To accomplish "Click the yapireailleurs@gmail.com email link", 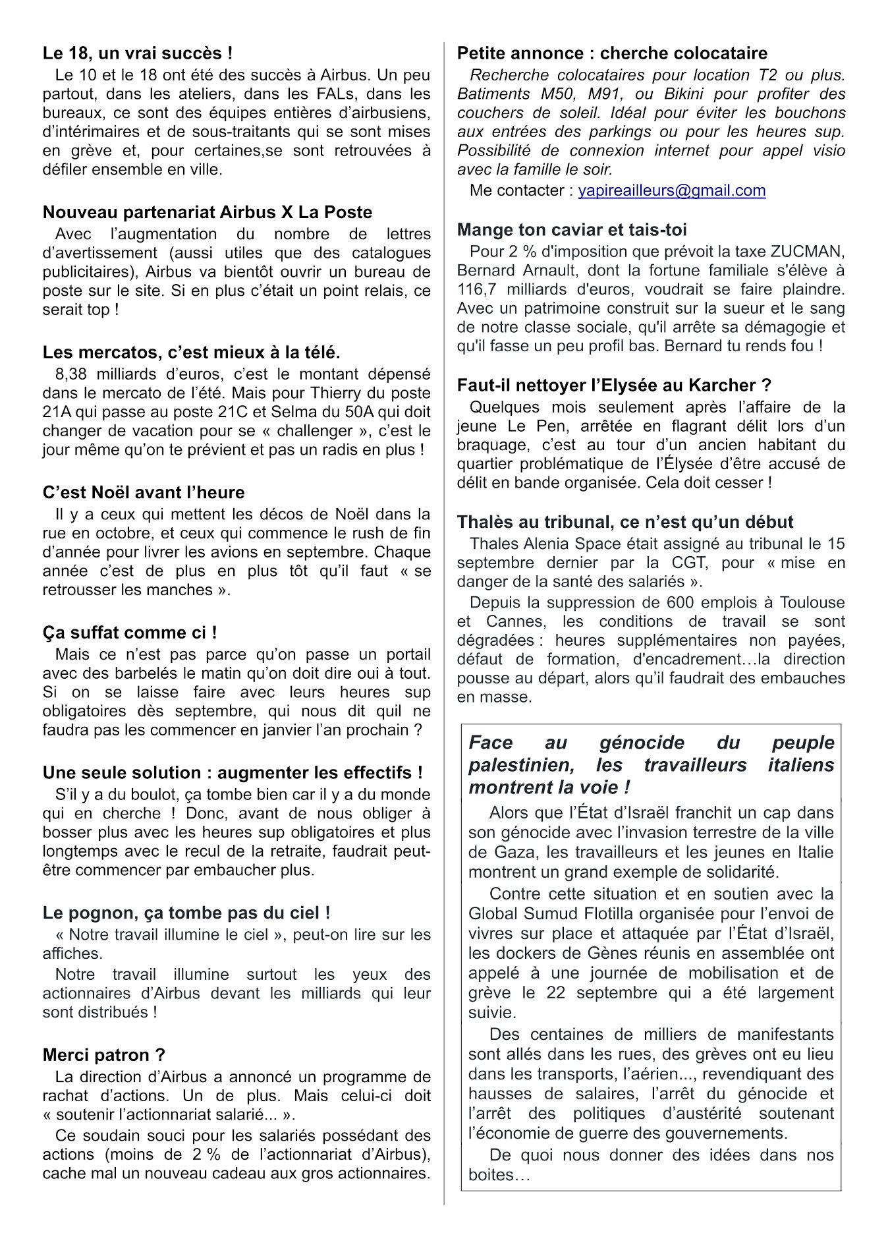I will (x=671, y=191).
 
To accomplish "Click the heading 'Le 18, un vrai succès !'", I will (x=137, y=53).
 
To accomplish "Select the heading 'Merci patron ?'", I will (x=103, y=1055).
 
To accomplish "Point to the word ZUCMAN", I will (x=807, y=252).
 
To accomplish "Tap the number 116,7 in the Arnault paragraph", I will (x=477, y=289).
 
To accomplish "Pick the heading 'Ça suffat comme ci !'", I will (x=130, y=633).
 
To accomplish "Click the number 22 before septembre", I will (x=555, y=993).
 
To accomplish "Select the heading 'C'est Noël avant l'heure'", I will (x=143, y=493).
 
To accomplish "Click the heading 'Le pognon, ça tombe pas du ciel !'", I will (x=186, y=913).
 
